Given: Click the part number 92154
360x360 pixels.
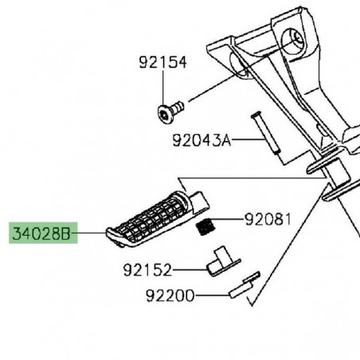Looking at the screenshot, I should click(163, 63).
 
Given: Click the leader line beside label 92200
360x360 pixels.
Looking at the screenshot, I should click(211, 295).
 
